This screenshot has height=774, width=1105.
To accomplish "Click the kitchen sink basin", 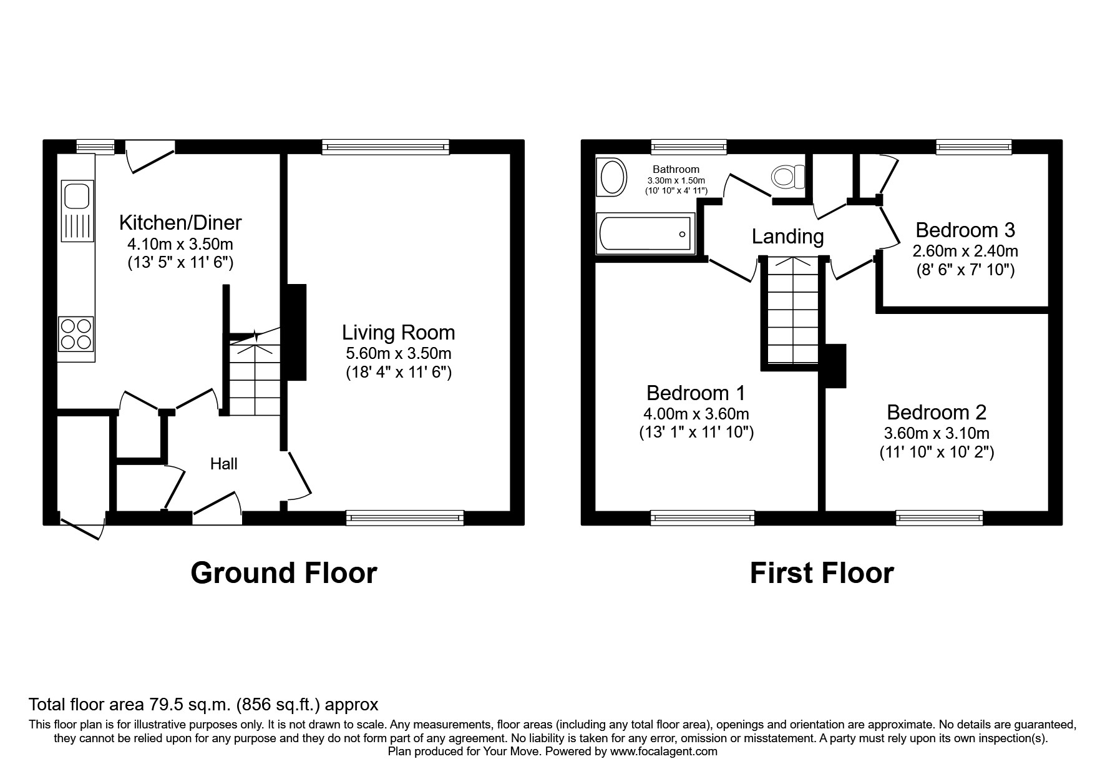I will point(77,195).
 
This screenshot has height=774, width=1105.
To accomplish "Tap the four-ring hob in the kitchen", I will point(75,334).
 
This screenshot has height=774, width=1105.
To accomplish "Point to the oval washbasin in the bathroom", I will point(612,177).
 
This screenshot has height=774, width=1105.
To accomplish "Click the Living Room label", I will point(398,332).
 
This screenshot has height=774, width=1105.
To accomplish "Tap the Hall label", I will point(223,464).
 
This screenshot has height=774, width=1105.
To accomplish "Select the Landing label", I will point(787,237).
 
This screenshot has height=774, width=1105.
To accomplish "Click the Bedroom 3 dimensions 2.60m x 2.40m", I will point(965,251).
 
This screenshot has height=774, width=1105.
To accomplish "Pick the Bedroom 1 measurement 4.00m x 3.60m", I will point(696,413).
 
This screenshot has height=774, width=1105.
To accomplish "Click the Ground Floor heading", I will point(283,572).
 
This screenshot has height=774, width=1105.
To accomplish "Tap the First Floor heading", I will point(821,572).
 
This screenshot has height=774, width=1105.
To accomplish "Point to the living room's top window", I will point(386,147).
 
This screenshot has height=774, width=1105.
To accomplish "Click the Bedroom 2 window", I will point(939,517).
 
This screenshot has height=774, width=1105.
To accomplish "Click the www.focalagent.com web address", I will point(663,752).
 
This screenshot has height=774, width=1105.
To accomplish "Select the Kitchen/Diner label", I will point(180,222).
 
